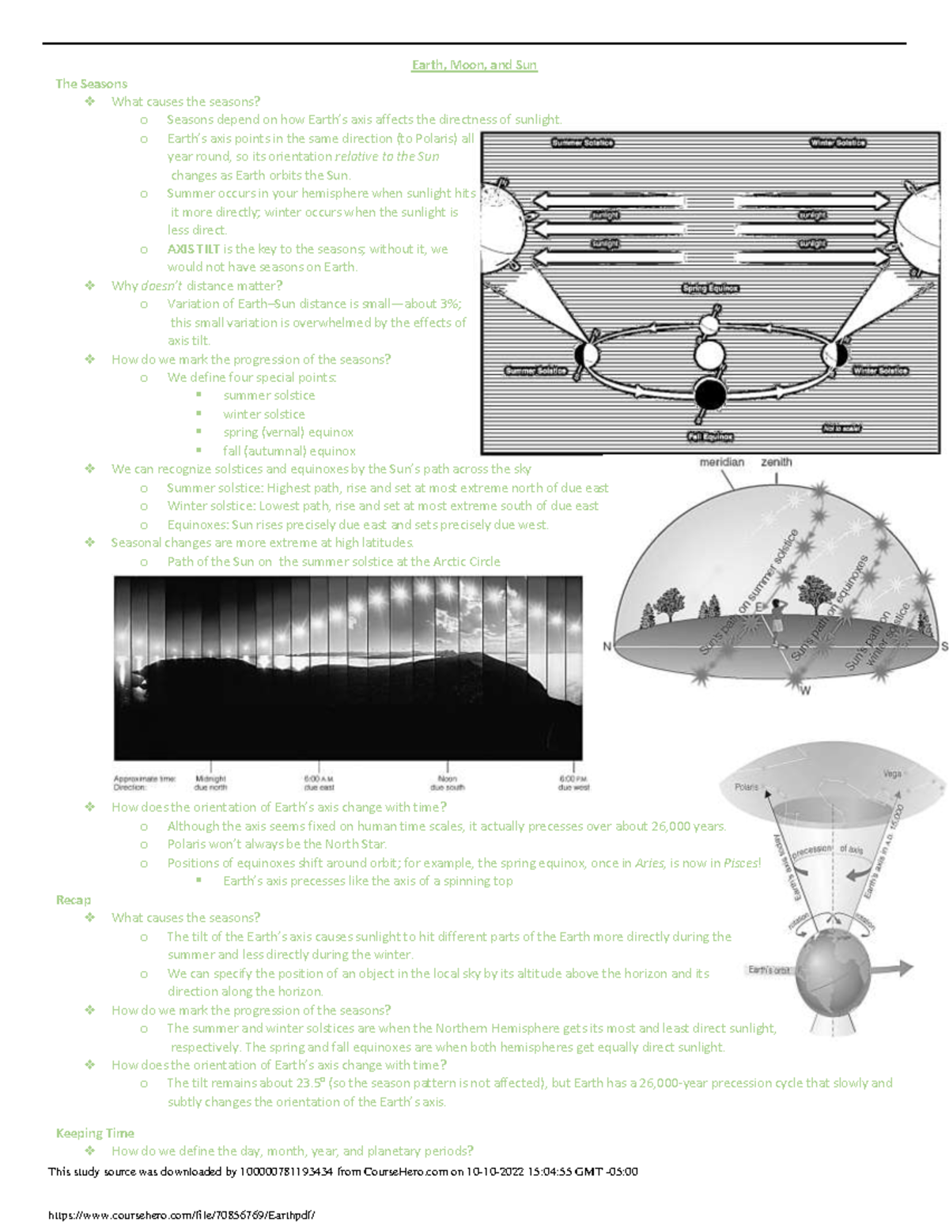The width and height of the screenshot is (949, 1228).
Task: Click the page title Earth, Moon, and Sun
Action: pos(474,65)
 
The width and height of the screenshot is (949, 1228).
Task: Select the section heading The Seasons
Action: pos(91,84)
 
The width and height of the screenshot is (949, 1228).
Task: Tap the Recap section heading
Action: pos(73,900)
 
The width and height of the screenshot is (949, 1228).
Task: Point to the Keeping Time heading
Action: pos(95,1133)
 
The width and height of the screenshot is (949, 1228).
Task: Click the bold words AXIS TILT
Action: pos(193,249)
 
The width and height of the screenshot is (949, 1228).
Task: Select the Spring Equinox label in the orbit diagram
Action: pos(709,289)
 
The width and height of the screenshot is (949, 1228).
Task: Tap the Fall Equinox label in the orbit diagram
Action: pos(709,436)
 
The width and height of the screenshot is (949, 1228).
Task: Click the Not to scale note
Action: pos(841,429)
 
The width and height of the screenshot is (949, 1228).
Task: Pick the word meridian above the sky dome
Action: pos(721,462)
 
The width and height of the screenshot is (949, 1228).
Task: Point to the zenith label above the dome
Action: pos(776,462)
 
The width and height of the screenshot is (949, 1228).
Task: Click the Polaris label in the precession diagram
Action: pos(746,787)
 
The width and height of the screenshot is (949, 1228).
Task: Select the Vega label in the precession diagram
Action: pos(891,774)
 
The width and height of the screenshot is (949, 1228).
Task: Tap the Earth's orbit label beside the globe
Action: pos(769,969)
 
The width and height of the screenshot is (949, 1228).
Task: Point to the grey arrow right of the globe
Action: pos(894,967)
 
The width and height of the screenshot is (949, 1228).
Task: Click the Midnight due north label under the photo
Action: pos(210,783)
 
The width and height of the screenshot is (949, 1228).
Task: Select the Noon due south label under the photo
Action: pos(447,783)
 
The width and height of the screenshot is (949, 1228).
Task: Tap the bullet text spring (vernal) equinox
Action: pos(288,433)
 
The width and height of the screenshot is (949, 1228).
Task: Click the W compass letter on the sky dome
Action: pos(805,690)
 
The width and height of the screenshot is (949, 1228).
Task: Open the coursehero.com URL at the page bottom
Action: pos(181,1215)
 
